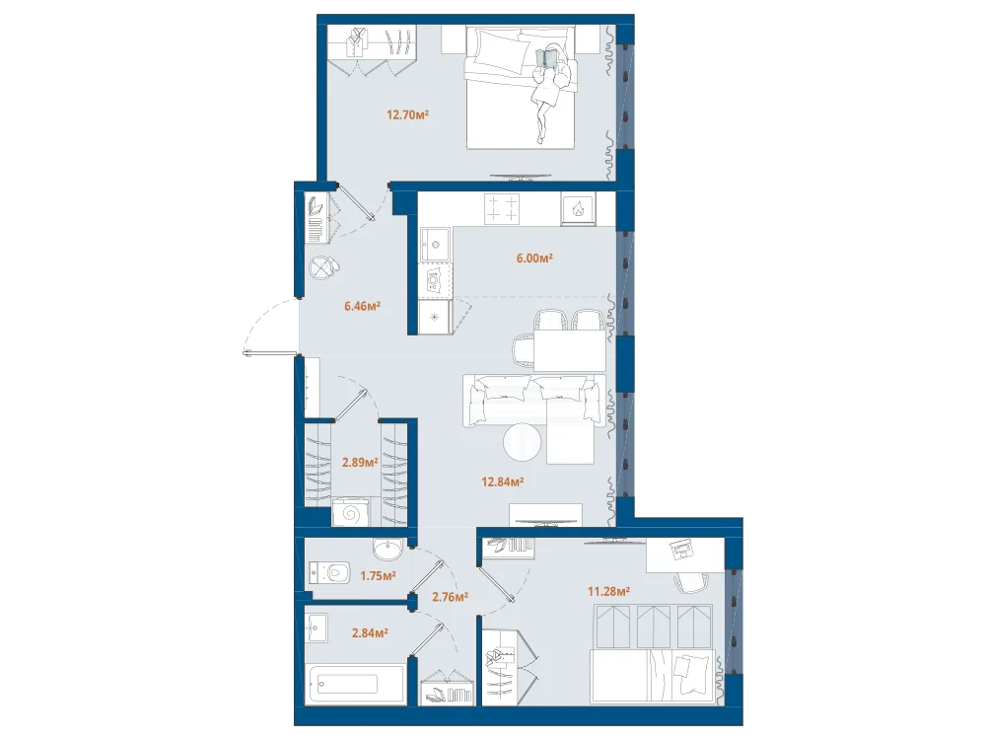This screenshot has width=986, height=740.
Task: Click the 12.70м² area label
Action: (407, 114)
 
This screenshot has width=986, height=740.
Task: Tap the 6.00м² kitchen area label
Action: (534, 258)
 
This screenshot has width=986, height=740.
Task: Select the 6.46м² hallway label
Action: (362, 307)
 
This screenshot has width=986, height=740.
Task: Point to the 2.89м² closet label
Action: (360, 463)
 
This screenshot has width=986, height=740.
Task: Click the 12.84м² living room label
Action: (503, 482)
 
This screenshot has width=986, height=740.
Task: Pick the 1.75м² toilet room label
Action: (378, 575)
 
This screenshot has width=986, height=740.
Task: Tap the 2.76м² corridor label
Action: (450, 597)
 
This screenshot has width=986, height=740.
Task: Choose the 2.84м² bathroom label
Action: (370, 633)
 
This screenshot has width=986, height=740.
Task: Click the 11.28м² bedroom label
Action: (608, 591)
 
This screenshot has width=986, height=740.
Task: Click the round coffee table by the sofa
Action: (522, 442)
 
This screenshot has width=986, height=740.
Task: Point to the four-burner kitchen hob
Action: (502, 209)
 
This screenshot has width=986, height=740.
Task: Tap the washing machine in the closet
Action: (351, 512)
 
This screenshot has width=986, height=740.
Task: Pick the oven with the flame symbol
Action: (577, 208)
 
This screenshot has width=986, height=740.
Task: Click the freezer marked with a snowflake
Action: (435, 317)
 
